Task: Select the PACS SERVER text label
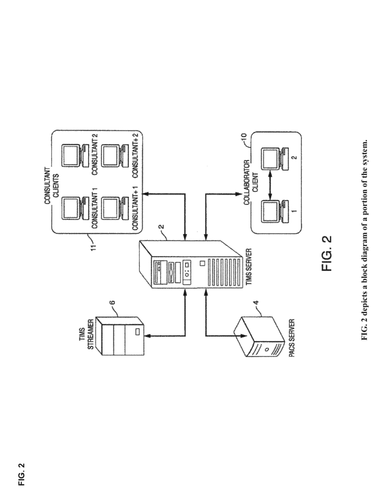pyautogui.click(x=292, y=338)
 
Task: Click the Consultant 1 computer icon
pyautogui.click(x=74, y=208)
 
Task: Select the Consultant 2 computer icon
pyautogui.click(x=74, y=156)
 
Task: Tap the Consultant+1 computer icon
pyautogui.click(x=114, y=208)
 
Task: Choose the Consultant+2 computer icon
pyautogui.click(x=114, y=156)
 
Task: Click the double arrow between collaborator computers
pyautogui.click(x=270, y=185)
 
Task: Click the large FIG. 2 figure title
pyautogui.click(x=327, y=253)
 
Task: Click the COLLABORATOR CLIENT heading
pyautogui.click(x=251, y=182)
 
